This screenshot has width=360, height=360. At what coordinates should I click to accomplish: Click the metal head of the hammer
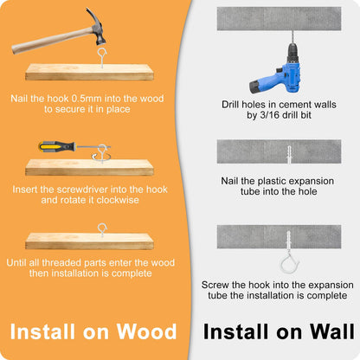tap(97, 28)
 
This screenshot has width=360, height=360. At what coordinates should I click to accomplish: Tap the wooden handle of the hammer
tap(52, 41)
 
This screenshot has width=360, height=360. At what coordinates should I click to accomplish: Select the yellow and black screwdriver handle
tap(57, 146)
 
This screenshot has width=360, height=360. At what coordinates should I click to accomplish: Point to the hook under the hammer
tap(102, 58)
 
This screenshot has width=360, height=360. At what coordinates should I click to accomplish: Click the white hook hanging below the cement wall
tap(289, 262)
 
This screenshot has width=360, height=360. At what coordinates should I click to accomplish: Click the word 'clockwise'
tap(118, 200)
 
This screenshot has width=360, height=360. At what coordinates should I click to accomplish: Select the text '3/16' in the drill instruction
tap(270, 115)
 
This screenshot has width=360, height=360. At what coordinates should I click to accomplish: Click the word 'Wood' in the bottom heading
tap(146, 331)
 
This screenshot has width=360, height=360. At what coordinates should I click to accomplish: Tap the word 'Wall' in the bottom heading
tap(331, 331)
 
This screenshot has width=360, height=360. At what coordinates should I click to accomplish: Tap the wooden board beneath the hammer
tap(89, 72)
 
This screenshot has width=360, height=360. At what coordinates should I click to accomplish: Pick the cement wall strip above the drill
tap(279, 19)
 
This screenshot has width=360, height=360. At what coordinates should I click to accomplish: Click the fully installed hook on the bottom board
tap(102, 229)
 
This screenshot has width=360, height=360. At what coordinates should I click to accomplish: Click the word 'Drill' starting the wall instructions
tap(230, 105)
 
